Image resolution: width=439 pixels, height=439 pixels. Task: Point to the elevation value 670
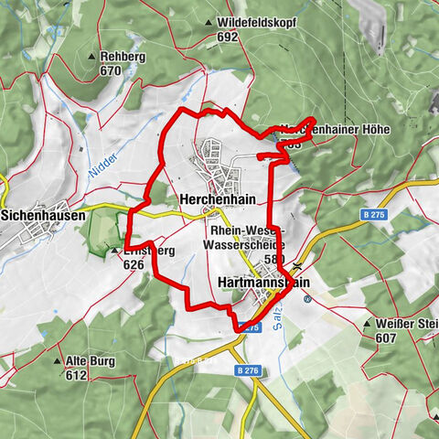point(111,70)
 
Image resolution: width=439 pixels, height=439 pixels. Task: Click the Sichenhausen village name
point(43,216)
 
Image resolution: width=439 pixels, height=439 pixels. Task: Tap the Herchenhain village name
point(217,198)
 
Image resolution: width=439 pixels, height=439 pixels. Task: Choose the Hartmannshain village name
point(264,284)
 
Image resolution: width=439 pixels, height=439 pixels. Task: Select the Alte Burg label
point(90,361)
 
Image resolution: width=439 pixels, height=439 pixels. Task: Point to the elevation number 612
point(76,375)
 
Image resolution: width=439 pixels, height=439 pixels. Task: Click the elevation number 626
point(135,264)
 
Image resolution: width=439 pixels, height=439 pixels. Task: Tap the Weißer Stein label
point(407,324)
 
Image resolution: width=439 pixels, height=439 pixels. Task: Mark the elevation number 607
point(385,337)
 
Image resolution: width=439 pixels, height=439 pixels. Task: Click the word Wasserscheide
point(245,245)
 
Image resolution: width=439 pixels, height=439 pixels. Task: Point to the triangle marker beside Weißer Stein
point(366,324)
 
